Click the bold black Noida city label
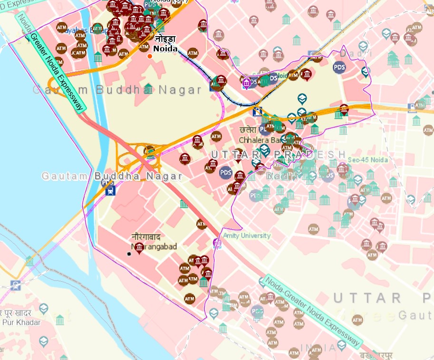click(x=165, y=49)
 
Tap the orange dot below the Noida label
click(x=150, y=57)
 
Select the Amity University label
click(x=248, y=235)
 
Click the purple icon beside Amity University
click(x=217, y=243)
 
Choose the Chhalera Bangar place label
click(x=260, y=140)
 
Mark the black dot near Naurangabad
click(x=129, y=254)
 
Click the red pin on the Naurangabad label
click(x=139, y=247)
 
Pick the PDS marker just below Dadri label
click(x=339, y=67)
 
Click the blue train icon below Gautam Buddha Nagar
click(x=110, y=191)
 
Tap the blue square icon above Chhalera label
click(x=257, y=112)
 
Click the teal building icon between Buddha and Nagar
click(x=148, y=88)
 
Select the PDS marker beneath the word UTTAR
click(x=226, y=173)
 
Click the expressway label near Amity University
click(x=311, y=311)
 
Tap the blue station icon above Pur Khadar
click(x=16, y=285)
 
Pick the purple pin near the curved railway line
click(x=247, y=84)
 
